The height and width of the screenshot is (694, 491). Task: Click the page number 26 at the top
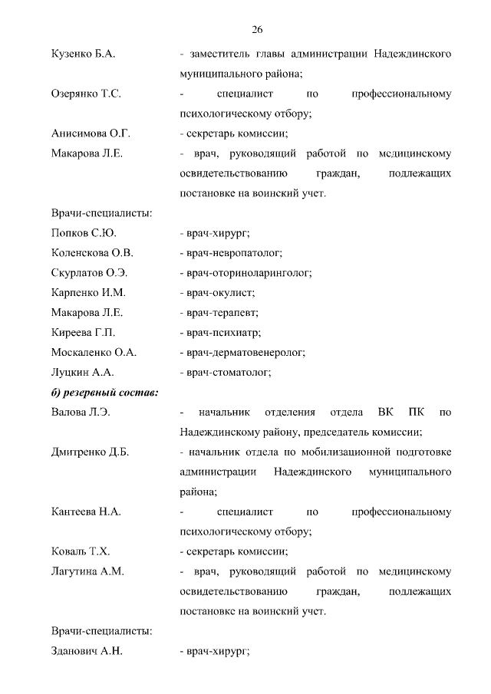[x=257, y=30]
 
